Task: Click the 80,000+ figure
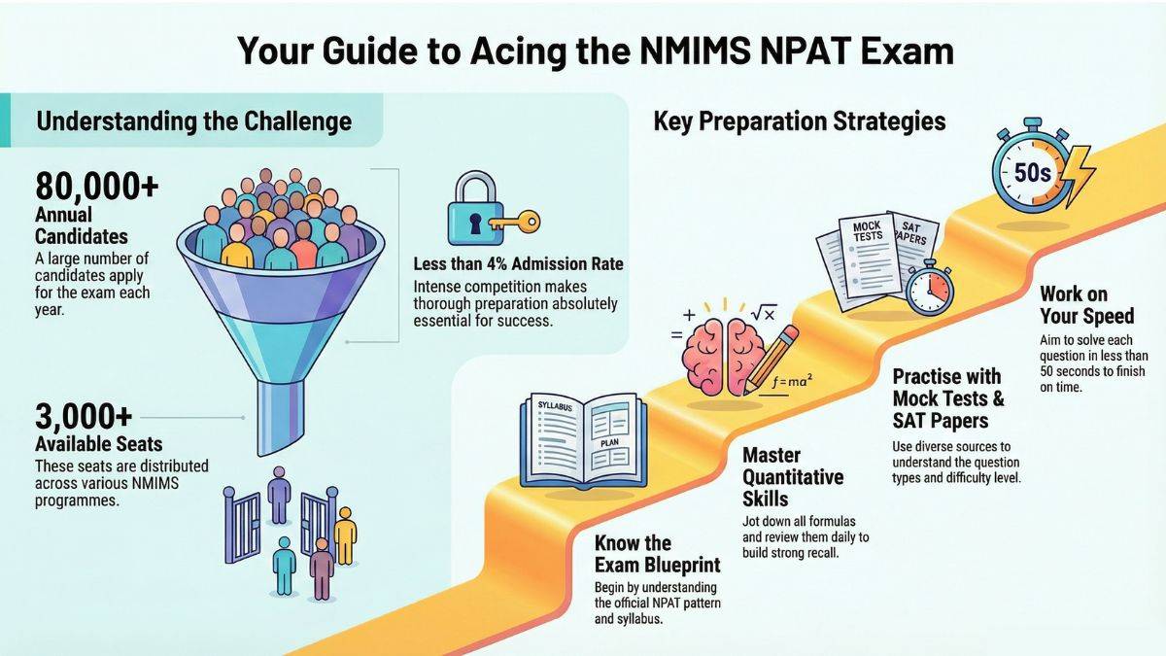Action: [96, 186]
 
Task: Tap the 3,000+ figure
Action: [84, 418]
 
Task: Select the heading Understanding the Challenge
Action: [193, 122]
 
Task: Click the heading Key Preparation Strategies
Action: [800, 121]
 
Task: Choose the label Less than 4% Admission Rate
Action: [518, 264]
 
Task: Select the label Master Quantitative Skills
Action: [793, 477]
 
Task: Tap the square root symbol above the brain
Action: [763, 313]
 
